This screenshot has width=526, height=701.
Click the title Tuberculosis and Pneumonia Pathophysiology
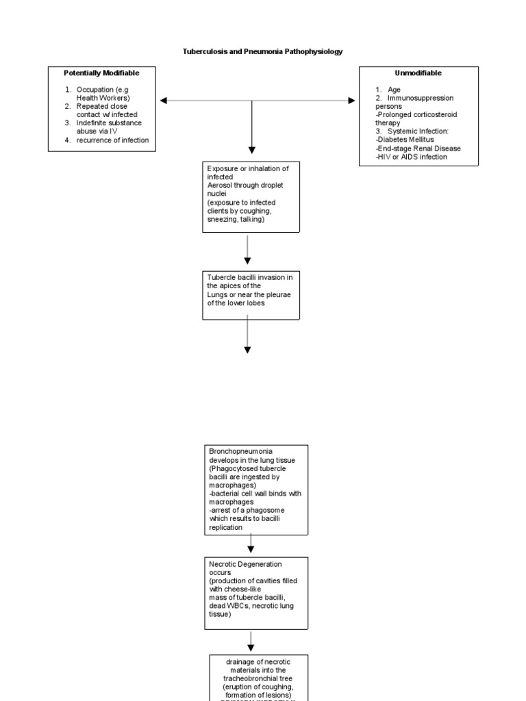[262, 51]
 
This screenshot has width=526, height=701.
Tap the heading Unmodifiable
[418, 73]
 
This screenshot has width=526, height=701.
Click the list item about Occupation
[106, 93]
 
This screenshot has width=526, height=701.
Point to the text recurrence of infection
[112, 140]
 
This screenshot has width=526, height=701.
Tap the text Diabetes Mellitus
[406, 140]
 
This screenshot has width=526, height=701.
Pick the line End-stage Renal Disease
[419, 149]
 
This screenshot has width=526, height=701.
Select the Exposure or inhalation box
[251, 197]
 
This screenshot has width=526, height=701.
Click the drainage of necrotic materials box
[258, 678]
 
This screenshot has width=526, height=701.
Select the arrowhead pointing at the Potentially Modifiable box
[164, 101]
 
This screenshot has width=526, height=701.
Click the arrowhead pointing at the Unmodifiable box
[351, 101]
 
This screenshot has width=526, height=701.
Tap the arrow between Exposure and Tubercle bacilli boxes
[248, 250]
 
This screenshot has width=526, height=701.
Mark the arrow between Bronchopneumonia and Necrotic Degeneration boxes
[251, 544]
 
